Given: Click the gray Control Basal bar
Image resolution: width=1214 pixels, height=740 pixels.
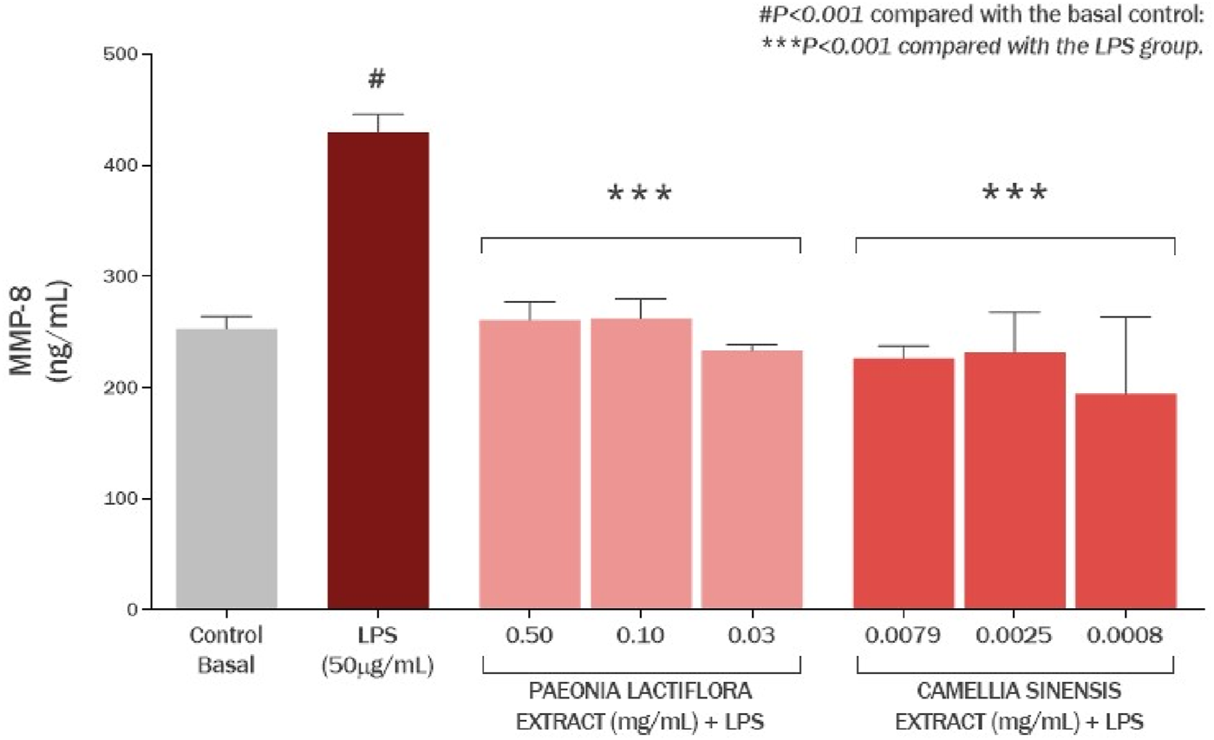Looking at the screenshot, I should (x=226, y=468).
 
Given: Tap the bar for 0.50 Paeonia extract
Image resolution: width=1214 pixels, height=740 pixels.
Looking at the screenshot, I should (x=529, y=464).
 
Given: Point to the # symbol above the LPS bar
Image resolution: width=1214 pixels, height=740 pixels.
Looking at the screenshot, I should (x=376, y=80).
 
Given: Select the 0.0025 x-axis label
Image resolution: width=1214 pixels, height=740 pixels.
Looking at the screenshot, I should (x=1015, y=636).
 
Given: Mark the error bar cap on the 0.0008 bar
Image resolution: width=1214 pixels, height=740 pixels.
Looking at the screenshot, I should (x=1126, y=318).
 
